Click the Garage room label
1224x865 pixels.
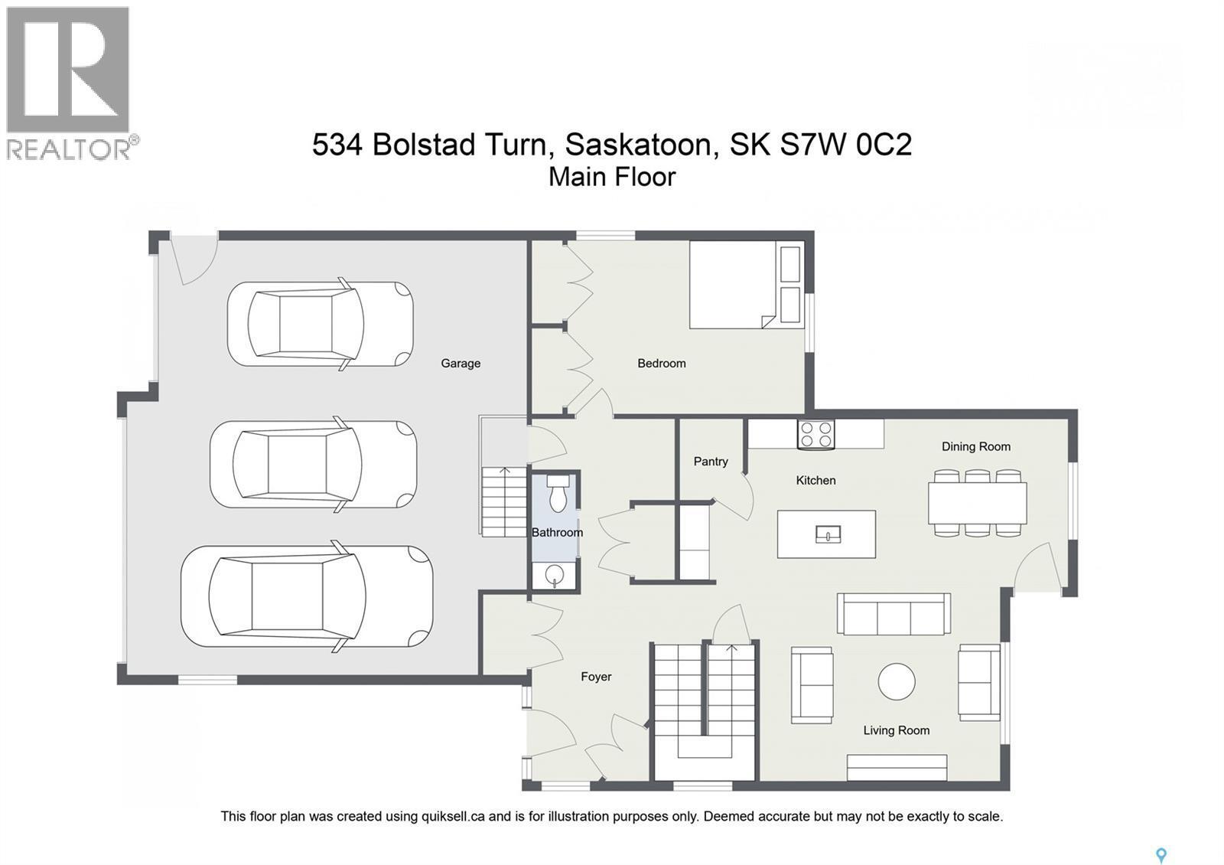tap(460, 364)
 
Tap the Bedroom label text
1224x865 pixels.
tap(661, 364)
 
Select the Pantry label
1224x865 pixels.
tap(710, 462)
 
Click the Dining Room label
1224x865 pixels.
tap(975, 446)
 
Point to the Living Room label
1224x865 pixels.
tap(896, 730)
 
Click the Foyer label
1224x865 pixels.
tap(595, 677)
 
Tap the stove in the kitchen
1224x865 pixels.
tap(815, 435)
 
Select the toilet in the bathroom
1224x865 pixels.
tap(557, 492)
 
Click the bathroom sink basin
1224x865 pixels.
tap(555, 575)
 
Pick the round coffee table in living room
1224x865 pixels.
tap(896, 681)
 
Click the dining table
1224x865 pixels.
tap(977, 503)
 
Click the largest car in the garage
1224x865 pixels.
tap(306, 596)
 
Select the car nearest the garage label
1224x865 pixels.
tap(320, 324)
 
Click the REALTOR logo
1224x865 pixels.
tap(69, 83)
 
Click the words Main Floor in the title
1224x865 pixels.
tap(612, 177)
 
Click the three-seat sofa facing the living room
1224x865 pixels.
tap(893, 614)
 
